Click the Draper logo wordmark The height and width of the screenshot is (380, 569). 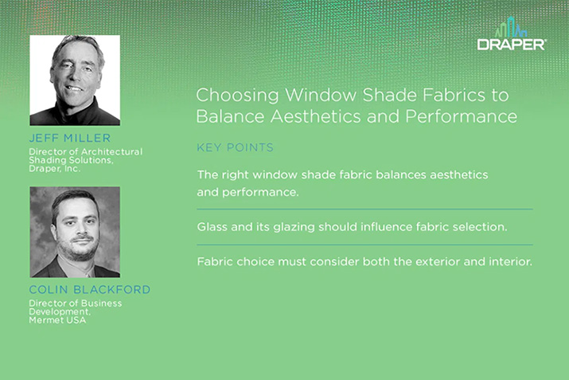511,45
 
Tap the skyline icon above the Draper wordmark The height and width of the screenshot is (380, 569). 511,27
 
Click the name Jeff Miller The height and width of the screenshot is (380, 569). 70,138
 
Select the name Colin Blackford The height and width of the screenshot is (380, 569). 90,289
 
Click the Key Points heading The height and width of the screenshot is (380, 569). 235,147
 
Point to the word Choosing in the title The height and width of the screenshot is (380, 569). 237,96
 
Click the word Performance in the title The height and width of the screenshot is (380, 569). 462,116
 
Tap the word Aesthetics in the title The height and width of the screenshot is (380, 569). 315,116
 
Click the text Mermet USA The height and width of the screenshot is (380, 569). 57,320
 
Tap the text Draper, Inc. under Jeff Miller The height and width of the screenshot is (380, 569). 54,169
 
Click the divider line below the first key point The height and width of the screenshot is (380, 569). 364,210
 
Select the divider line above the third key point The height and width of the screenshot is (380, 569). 364,245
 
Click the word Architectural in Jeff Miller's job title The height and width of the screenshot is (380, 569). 111,151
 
